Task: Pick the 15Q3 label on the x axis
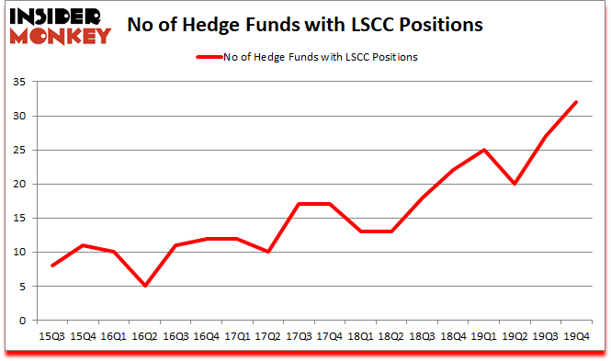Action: pyautogui.click(x=52, y=336)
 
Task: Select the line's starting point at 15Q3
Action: pyautogui.click(x=52, y=265)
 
